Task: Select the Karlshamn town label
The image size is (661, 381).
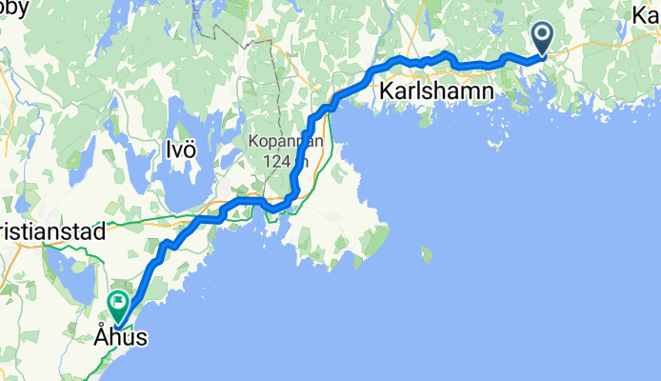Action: (437, 91)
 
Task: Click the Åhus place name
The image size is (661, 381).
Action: (121, 335)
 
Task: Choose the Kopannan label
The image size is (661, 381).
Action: (286, 142)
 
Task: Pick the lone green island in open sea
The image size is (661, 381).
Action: (425, 254)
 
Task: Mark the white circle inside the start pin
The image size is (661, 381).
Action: (544, 36)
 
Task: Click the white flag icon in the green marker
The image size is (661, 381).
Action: (119, 303)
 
